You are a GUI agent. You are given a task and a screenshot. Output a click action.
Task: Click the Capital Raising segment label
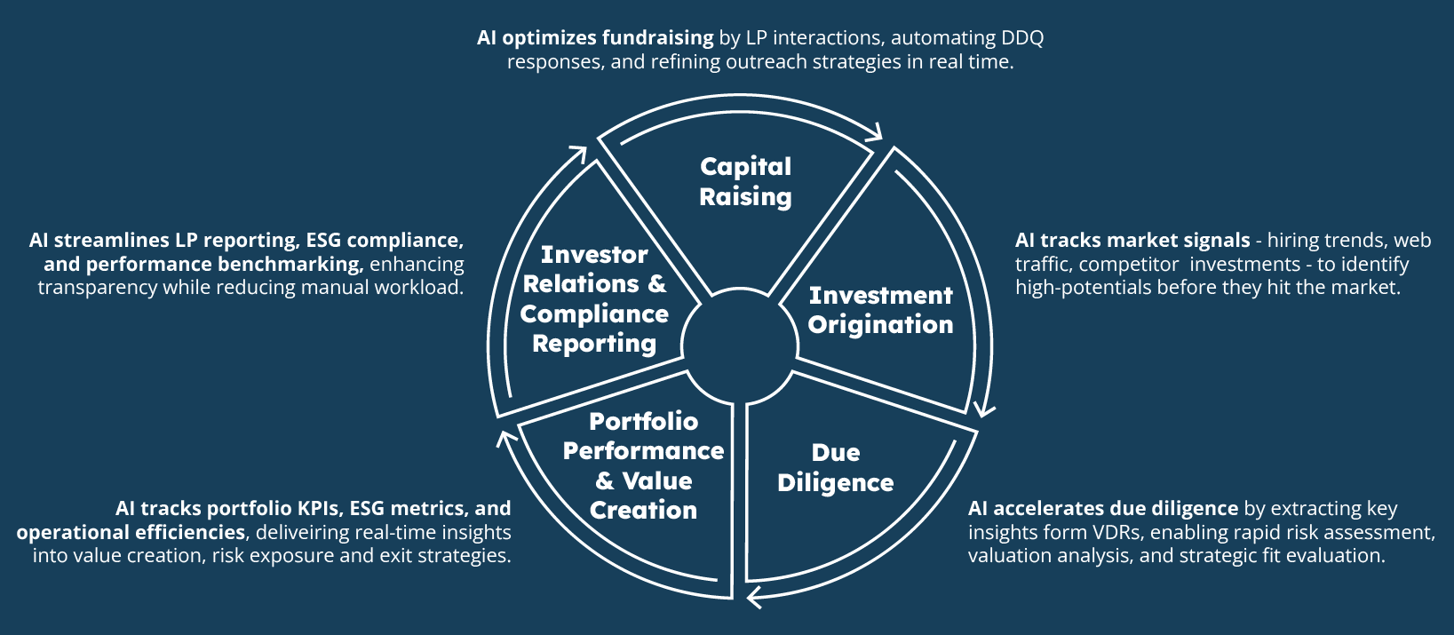745,181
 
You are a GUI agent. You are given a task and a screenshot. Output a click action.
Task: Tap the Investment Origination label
880,310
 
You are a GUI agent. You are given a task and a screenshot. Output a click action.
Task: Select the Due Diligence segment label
835,467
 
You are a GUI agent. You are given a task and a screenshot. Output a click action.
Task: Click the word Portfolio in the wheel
643,421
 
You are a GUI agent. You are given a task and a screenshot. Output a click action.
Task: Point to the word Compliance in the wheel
594,314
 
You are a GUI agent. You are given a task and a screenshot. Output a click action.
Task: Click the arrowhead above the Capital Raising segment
873,132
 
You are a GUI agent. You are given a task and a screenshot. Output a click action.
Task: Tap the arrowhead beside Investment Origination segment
984,409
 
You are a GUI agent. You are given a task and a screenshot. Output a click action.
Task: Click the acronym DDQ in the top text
1022,38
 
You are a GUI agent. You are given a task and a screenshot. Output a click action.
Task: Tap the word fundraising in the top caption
657,38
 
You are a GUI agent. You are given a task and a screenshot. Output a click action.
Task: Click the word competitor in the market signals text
1128,264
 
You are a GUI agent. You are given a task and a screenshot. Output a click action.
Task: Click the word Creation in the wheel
643,510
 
